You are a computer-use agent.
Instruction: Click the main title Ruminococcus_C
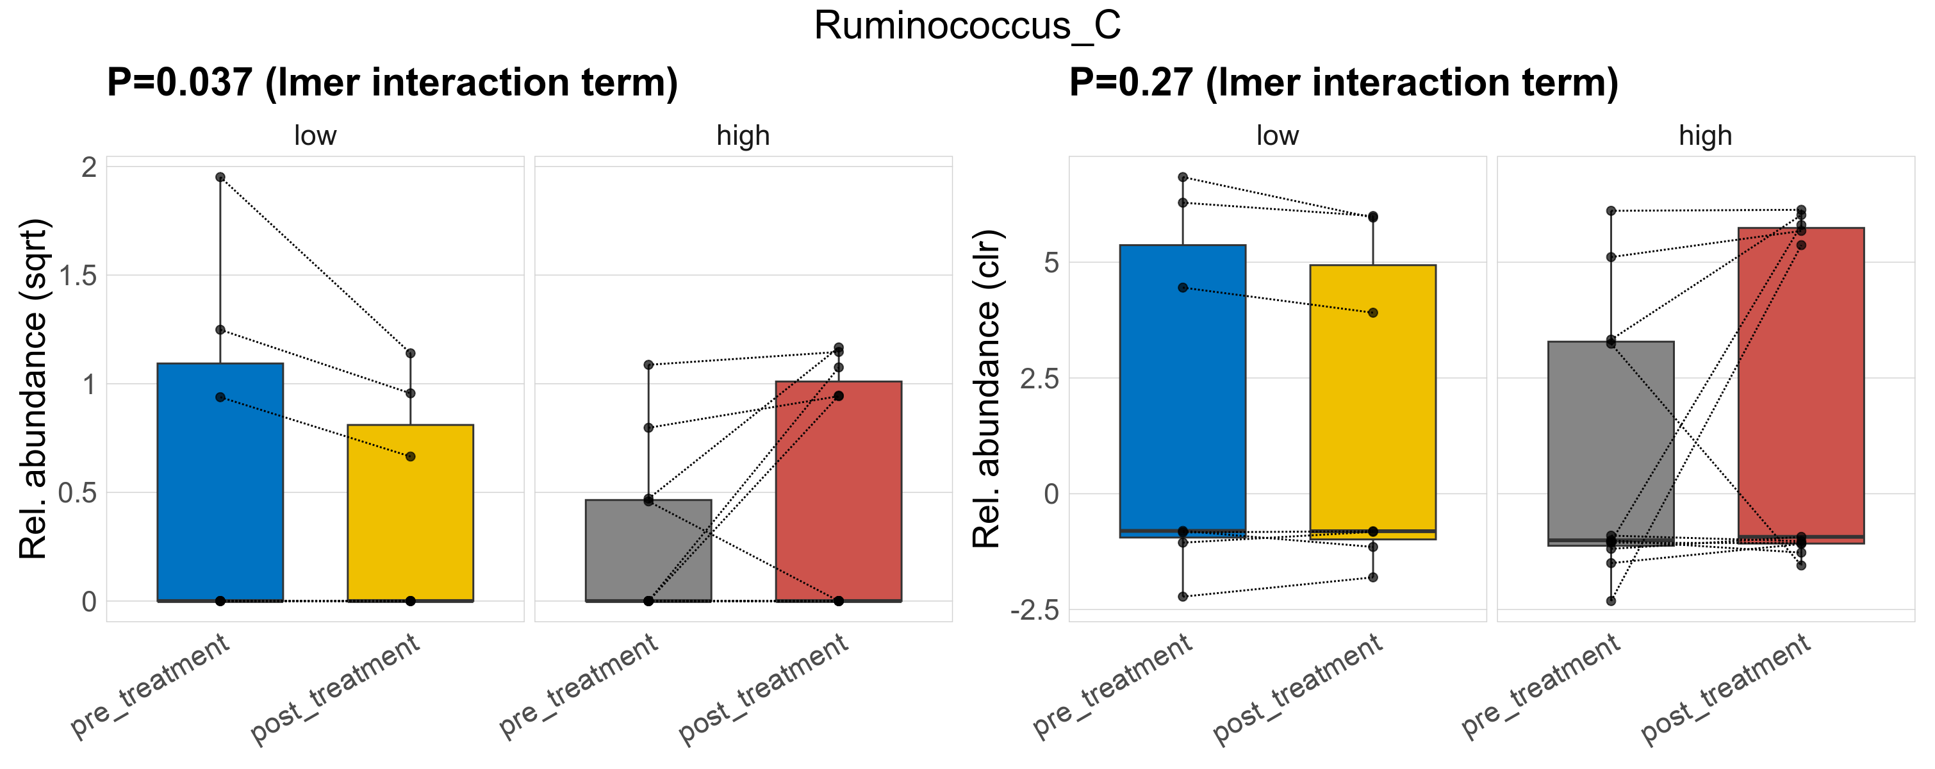[x=967, y=26]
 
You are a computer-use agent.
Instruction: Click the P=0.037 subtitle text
[x=391, y=83]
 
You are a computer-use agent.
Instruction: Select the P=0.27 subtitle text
[x=1343, y=83]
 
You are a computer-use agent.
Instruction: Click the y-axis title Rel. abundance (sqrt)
[x=33, y=389]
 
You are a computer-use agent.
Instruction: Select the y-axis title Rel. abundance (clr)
[x=987, y=389]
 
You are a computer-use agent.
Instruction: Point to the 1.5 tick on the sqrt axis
[x=78, y=276]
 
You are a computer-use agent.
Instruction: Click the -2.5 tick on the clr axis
[x=1034, y=611]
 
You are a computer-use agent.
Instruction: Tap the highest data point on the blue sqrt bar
[x=220, y=178]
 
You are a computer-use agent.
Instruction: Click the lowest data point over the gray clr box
[x=1611, y=601]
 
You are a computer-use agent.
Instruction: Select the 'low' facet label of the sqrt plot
[x=315, y=136]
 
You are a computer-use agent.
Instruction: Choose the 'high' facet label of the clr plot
[x=1705, y=136]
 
